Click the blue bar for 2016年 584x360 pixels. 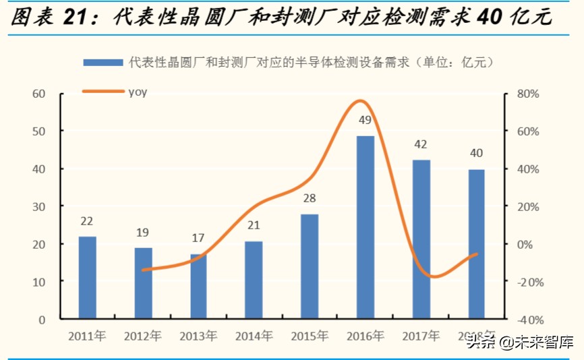365,227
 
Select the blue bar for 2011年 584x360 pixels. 87,277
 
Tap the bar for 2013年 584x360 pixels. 198,286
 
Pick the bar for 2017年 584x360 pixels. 421,239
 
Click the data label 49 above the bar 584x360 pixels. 365,120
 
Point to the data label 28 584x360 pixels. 310,199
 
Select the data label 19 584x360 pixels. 143,233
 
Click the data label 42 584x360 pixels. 421,144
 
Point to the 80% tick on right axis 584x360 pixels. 528,94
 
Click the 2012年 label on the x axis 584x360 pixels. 142,335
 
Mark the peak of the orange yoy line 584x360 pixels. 361,101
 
